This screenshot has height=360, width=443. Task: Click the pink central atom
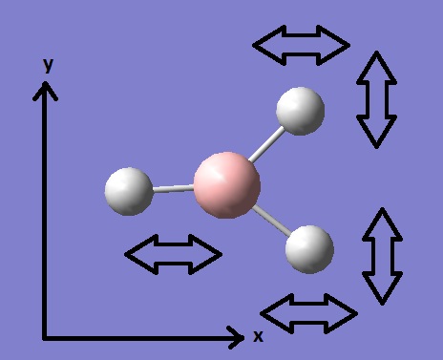tap(227, 185)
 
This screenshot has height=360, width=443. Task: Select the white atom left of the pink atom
tap(129, 191)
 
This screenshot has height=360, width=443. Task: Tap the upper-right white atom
tap(300, 111)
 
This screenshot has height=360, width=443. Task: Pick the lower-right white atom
tap(309, 249)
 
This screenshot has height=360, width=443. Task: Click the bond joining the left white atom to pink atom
tap(174, 189)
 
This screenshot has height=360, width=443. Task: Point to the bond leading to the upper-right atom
tap(266, 144)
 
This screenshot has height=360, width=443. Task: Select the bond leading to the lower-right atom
tap(272, 221)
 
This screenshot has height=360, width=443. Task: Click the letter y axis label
tap(48, 66)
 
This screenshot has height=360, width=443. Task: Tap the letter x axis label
tap(258, 336)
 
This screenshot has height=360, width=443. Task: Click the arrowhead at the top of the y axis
tap(45, 91)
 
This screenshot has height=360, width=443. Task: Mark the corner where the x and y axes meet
tap(45, 338)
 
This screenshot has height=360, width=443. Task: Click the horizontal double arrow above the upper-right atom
tap(301, 45)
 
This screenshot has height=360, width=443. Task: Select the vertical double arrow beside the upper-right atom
tap(376, 99)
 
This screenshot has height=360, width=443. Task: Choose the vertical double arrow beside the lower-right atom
tap(383, 256)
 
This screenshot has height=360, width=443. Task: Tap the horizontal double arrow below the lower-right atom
tap(309, 313)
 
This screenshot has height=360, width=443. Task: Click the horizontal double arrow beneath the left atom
tap(173, 254)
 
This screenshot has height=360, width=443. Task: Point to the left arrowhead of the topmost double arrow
tap(269, 45)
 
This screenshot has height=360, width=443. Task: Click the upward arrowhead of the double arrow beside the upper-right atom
tap(376, 68)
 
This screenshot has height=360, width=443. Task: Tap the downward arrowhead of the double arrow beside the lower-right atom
tap(383, 288)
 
